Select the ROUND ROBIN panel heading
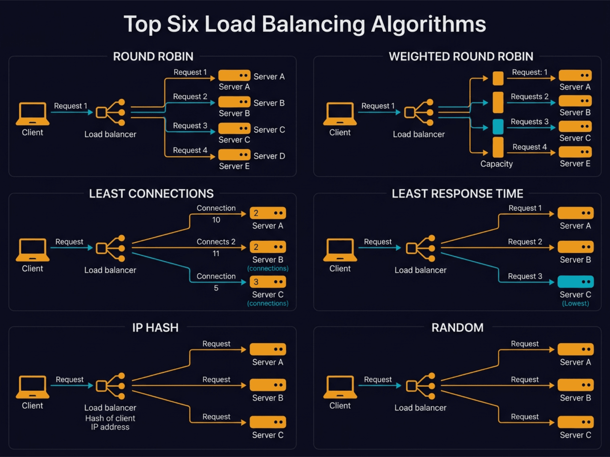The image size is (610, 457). click(153, 57)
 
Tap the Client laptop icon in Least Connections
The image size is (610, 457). click(32, 249)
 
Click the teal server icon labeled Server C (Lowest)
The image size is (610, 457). click(575, 282)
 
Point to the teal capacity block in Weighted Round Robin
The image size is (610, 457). click(498, 127)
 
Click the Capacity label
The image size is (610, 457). click(496, 164)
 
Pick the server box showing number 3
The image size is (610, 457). click(268, 282)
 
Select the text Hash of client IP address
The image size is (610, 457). click(110, 423)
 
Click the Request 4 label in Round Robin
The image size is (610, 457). click(190, 150)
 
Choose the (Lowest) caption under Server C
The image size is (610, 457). click(575, 304)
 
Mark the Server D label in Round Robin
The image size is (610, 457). click(269, 156)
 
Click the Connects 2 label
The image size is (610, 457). click(216, 242)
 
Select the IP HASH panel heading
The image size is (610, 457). click(155, 328)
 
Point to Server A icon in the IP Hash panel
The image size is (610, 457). click(268, 349)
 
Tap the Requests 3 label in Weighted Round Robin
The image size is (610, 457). click(530, 122)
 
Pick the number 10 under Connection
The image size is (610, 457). click(216, 220)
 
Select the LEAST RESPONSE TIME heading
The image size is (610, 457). click(457, 194)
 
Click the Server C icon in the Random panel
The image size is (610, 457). click(575, 422)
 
